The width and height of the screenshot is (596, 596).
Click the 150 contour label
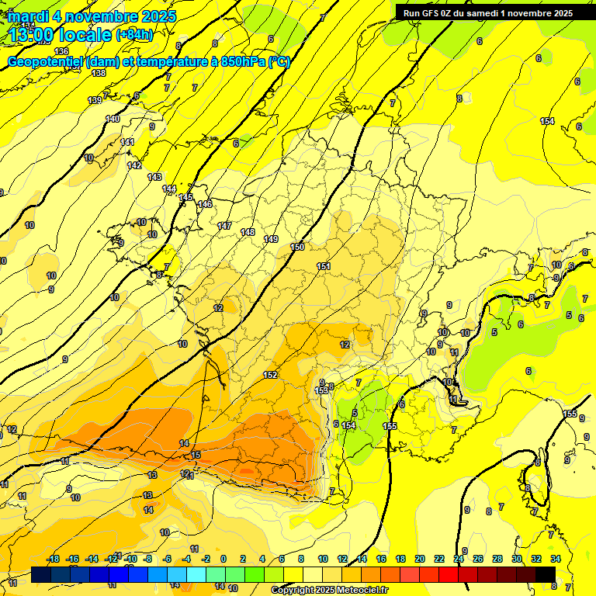click(297, 247)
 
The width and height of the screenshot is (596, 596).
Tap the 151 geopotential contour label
click(324, 266)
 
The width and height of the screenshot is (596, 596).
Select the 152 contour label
click(270, 375)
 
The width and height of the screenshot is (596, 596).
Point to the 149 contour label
click(271, 239)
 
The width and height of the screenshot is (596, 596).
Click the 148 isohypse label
click(248, 232)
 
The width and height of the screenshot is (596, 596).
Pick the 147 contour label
click(224, 226)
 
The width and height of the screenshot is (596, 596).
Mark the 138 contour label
click(99, 73)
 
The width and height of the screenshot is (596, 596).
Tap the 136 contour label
click(62, 51)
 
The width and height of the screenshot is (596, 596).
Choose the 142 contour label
click(134, 165)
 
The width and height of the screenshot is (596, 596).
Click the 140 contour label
click(113, 119)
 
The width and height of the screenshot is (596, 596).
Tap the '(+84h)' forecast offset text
click(134, 35)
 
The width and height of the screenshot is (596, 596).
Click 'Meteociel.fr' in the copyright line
click(362, 591)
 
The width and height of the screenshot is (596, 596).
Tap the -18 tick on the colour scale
click(53, 559)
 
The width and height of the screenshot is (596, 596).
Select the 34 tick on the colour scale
click(555, 559)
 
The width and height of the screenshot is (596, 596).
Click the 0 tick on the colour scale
click(223, 559)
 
